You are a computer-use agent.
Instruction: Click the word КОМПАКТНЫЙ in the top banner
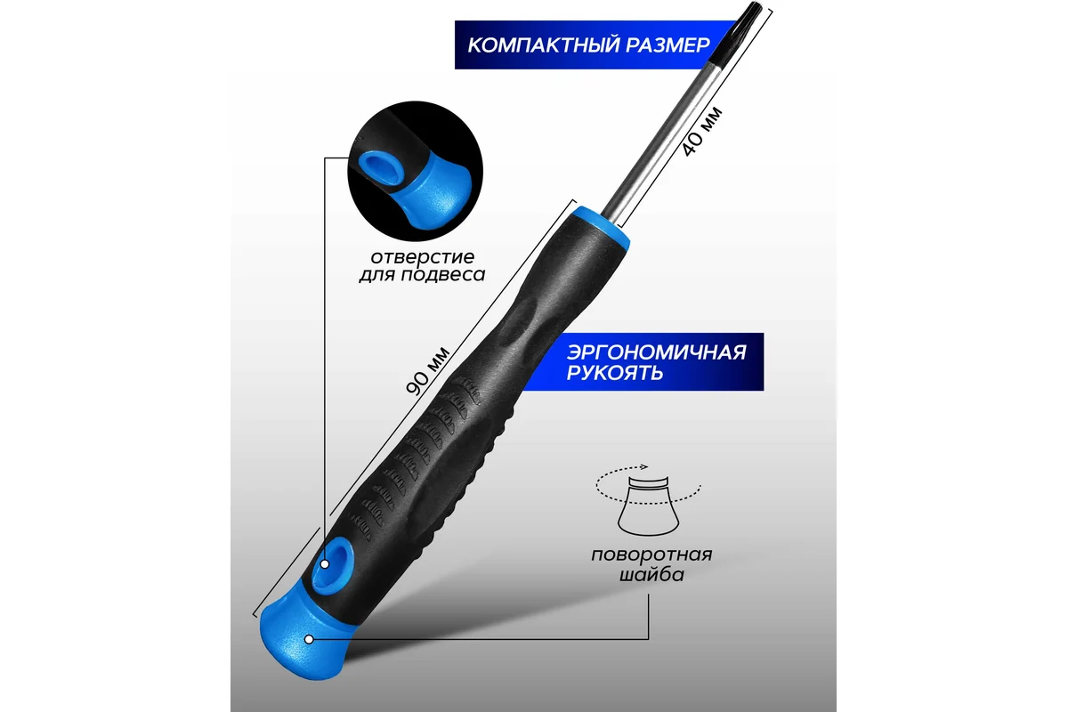click(543, 44)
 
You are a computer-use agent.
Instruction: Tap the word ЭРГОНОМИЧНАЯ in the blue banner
click(657, 352)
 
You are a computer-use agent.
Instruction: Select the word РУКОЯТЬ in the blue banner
click(615, 372)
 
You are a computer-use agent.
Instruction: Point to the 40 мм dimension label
click(702, 132)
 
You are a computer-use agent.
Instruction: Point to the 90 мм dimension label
click(427, 371)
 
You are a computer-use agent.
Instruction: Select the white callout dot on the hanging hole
click(325, 564)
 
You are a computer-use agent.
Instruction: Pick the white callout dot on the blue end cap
click(309, 640)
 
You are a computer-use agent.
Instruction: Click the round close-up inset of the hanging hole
click(415, 171)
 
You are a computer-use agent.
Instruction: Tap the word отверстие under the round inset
click(423, 257)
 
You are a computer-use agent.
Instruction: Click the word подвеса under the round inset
click(443, 275)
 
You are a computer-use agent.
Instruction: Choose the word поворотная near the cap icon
click(651, 555)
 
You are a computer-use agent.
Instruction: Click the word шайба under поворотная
click(651, 574)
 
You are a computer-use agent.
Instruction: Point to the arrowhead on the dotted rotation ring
click(644, 467)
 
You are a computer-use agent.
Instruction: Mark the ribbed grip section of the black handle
click(419, 457)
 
